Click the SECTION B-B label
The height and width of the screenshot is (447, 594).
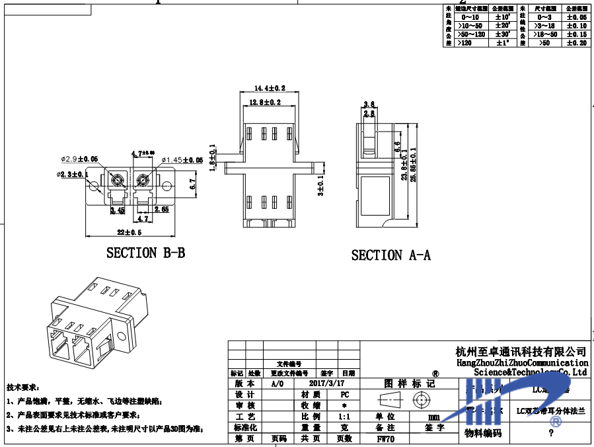pyautogui.click(x=145, y=253)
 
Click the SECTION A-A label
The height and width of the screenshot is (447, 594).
pyautogui.click(x=390, y=255)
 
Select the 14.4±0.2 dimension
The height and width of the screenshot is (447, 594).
pyautogui.click(x=270, y=88)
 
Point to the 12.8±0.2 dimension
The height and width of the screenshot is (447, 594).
pyautogui.click(x=265, y=102)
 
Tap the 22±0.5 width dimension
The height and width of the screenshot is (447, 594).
pyautogui.click(x=130, y=232)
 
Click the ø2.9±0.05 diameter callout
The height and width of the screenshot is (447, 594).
pyautogui.click(x=79, y=159)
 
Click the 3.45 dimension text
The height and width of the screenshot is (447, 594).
pyautogui.click(x=118, y=210)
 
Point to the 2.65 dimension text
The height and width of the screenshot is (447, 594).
pyautogui.click(x=161, y=209)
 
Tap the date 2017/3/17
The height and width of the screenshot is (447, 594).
pyautogui.click(x=326, y=383)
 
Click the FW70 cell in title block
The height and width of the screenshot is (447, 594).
pyautogui.click(x=385, y=438)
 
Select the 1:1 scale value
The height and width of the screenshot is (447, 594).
pyautogui.click(x=344, y=417)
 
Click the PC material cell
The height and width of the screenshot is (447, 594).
pyautogui.click(x=344, y=394)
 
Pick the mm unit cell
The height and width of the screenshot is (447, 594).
pyautogui.click(x=433, y=417)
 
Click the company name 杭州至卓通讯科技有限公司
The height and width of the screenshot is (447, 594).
pyautogui.click(x=521, y=351)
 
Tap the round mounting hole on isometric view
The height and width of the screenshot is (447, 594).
pyautogui.click(x=122, y=337)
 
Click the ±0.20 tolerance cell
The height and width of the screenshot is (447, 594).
pyautogui.click(x=576, y=43)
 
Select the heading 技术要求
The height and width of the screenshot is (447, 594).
pyautogui.click(x=22, y=386)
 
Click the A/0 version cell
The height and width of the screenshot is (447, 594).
pyautogui.click(x=278, y=383)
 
